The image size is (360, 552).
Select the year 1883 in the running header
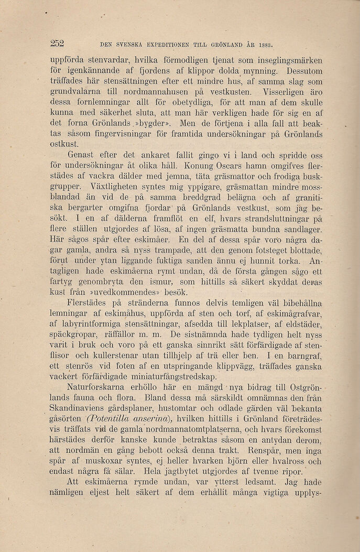(x=267, y=45)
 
